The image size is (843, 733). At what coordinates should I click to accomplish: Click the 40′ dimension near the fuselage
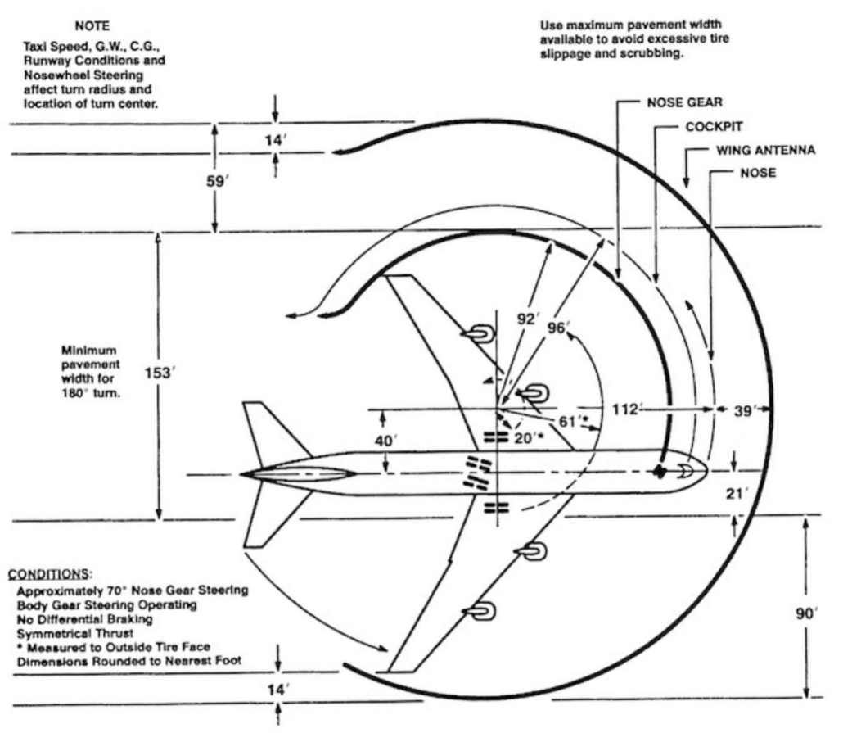384,441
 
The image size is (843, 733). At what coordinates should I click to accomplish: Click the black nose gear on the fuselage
659,471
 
